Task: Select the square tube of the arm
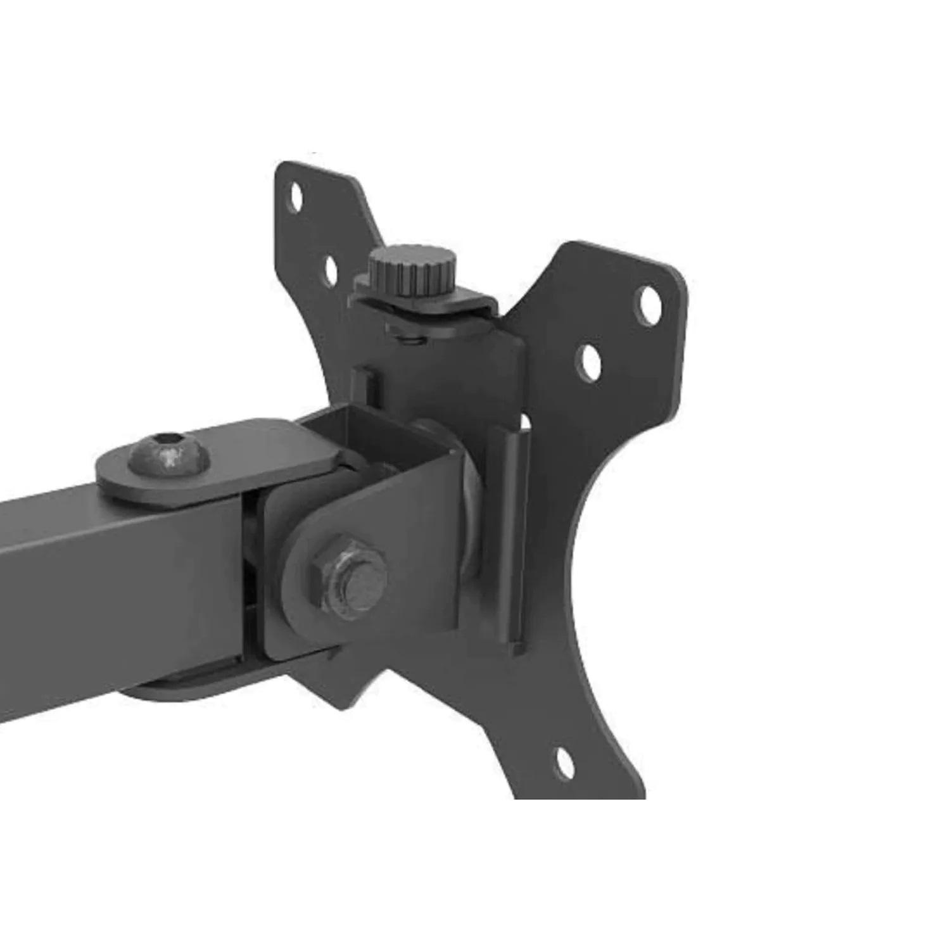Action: (114, 570)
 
